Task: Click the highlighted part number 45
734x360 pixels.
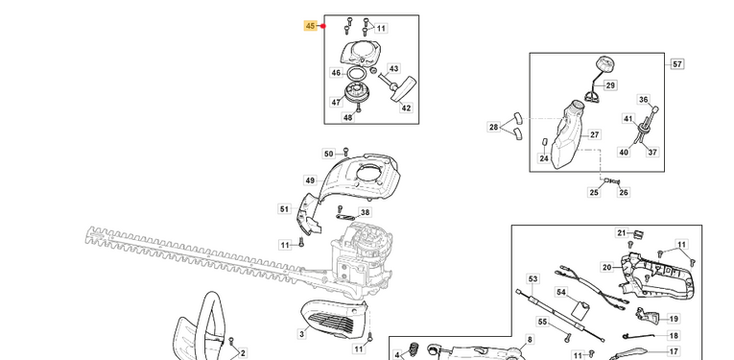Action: (x=310, y=26)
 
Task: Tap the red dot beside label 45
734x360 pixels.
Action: (x=323, y=26)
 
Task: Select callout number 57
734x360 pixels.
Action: (x=677, y=64)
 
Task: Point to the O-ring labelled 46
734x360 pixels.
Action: (x=356, y=74)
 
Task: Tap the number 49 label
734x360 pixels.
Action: (x=310, y=180)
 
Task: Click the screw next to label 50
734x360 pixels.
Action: (x=346, y=151)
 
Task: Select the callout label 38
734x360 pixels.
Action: (x=366, y=212)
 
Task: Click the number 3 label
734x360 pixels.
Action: (x=302, y=334)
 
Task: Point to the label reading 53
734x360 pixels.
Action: (x=533, y=279)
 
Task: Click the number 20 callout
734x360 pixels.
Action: (x=607, y=267)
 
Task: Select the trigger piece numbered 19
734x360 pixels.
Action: (x=648, y=316)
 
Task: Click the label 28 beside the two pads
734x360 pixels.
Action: (x=494, y=127)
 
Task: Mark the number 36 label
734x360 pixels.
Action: (x=644, y=99)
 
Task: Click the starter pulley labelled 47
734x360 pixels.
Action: (x=357, y=91)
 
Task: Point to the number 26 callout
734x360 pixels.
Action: (x=624, y=192)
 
